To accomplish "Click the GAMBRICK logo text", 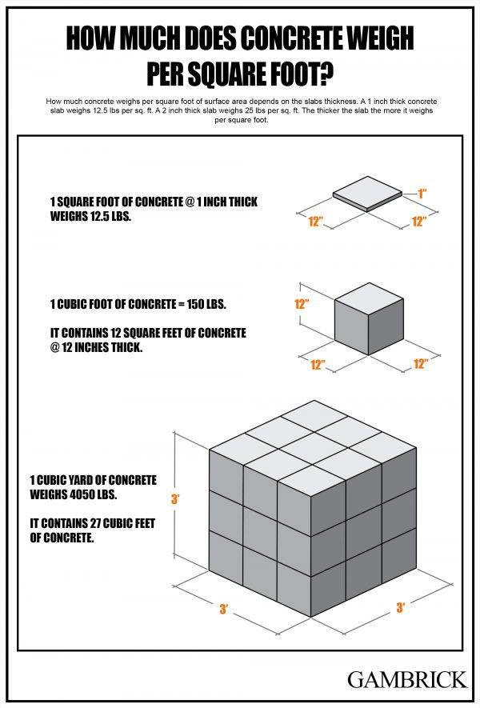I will (x=406, y=679).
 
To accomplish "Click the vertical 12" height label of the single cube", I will (x=302, y=304).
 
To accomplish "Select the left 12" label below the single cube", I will (x=318, y=365).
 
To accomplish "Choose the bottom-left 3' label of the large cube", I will (x=225, y=610).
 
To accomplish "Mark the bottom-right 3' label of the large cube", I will (x=400, y=608).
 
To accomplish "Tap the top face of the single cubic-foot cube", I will (x=368, y=297).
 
